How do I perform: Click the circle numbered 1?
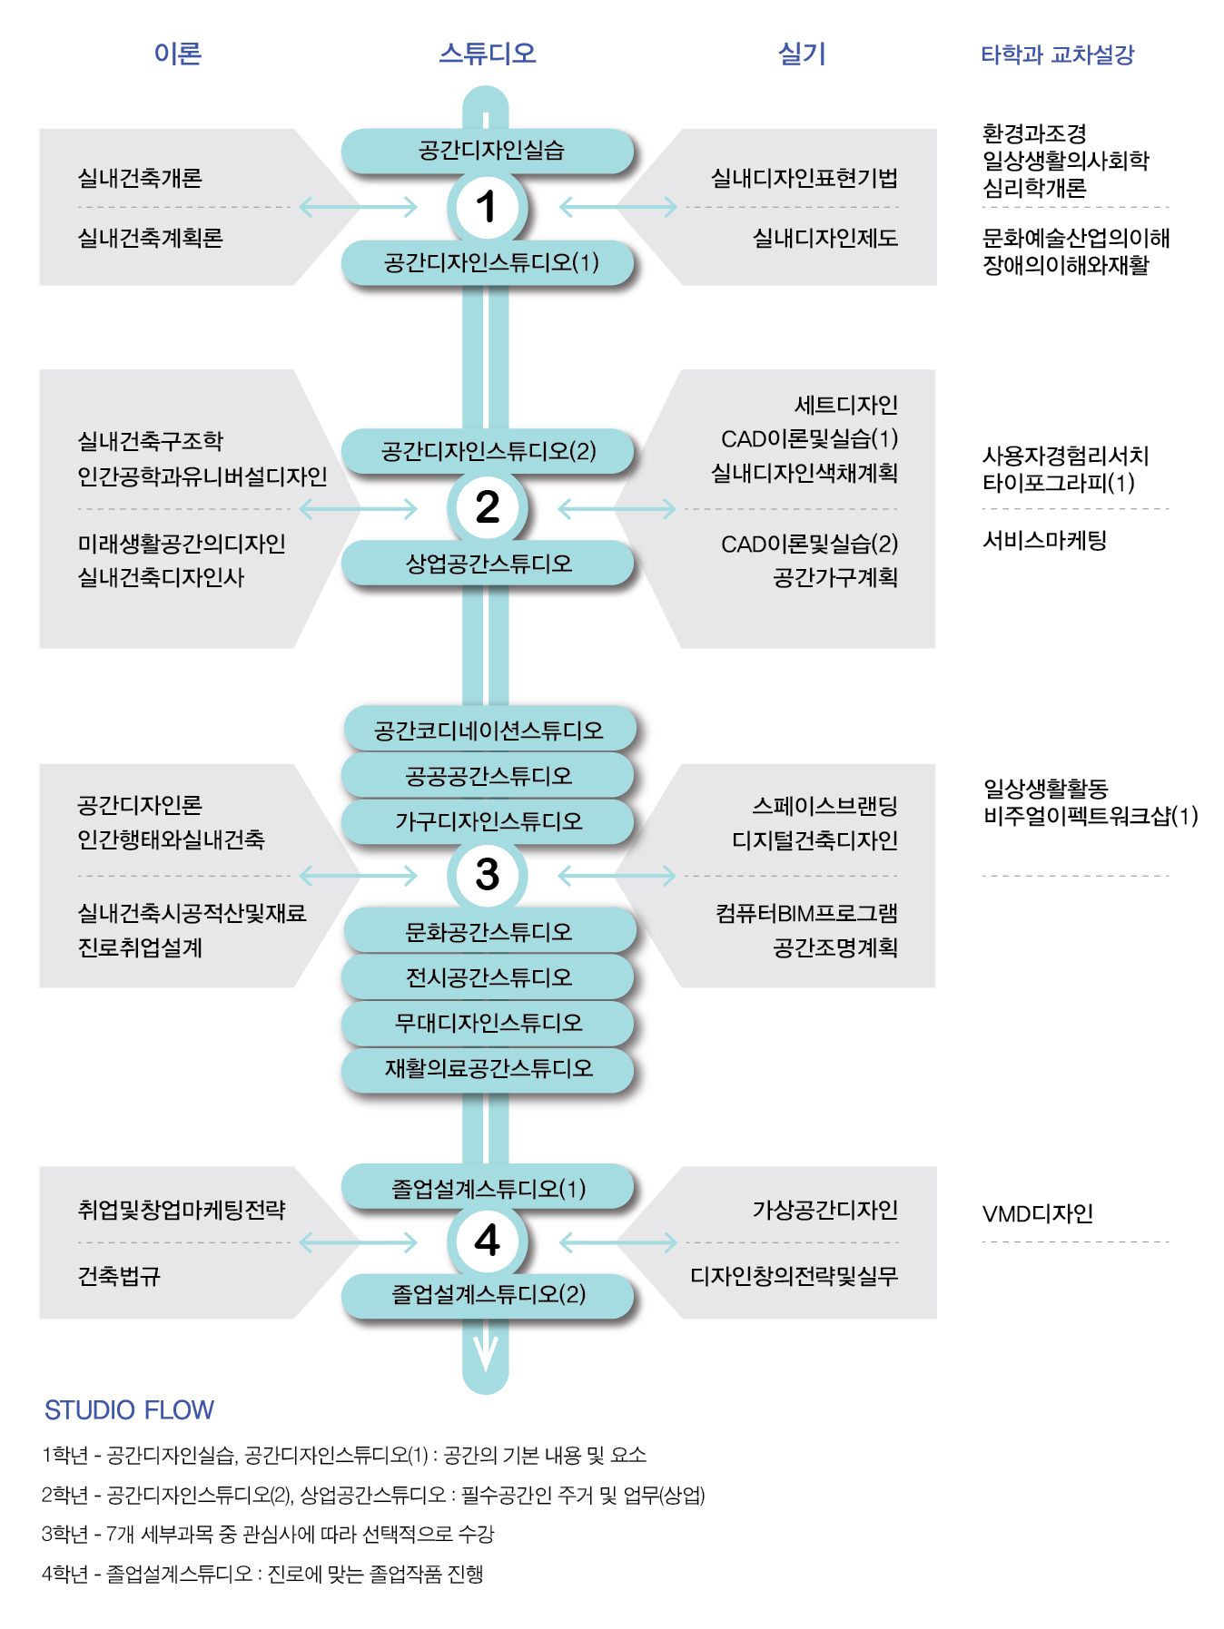click(x=487, y=207)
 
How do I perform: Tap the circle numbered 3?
click(x=487, y=875)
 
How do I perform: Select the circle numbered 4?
click(x=487, y=1241)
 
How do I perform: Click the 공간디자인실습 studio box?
click(x=488, y=151)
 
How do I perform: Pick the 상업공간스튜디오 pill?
click(x=488, y=564)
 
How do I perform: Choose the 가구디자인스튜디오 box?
click(x=488, y=821)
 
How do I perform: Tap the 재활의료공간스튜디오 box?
click(x=488, y=1069)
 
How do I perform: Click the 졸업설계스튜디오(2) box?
click(x=488, y=1295)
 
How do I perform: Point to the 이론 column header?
click(x=177, y=54)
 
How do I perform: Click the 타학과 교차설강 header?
click(x=1057, y=54)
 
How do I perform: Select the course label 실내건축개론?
click(x=140, y=178)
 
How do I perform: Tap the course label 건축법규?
click(x=119, y=1276)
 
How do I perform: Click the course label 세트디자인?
click(x=845, y=405)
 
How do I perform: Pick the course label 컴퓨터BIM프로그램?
click(x=806, y=913)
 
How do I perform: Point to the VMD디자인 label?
click(x=1037, y=1213)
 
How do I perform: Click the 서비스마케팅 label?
click(x=1044, y=541)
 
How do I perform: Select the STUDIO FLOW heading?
click(x=129, y=1409)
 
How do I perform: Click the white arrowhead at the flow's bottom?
click(x=486, y=1352)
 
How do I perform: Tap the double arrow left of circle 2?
click(x=358, y=509)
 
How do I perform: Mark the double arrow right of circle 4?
click(x=618, y=1241)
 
